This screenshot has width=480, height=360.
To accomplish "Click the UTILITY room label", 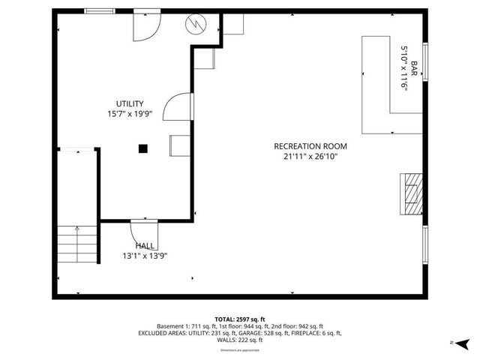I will point(130,103).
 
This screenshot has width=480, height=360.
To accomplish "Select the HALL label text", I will point(145,246).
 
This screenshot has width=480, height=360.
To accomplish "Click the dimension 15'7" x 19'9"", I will point(130,114).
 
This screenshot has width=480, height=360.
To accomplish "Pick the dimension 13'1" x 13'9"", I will point(145,256).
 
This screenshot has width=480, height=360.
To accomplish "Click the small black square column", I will point(142,148).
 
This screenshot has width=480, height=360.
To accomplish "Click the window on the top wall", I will point(100,10).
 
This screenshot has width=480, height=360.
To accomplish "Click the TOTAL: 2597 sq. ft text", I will point(240,319).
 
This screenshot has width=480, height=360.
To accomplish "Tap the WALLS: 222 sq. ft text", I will point(240,340).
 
